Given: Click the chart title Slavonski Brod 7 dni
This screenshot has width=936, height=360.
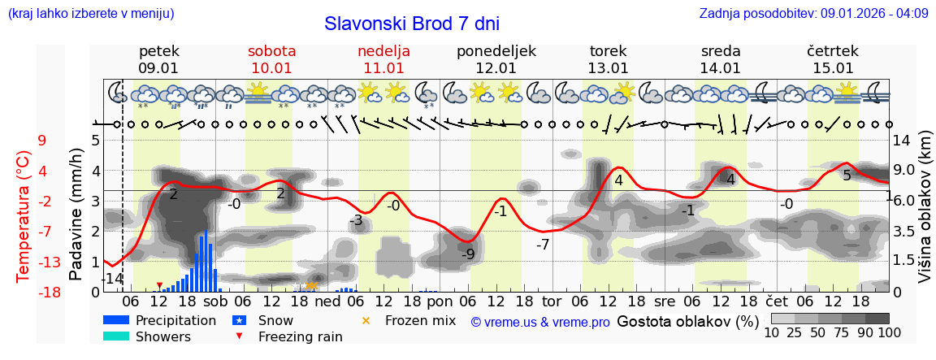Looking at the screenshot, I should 412,24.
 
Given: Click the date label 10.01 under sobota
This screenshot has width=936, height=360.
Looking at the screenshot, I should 272,68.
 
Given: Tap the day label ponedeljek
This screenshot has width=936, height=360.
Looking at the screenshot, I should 496,51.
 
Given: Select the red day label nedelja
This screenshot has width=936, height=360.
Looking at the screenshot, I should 383,51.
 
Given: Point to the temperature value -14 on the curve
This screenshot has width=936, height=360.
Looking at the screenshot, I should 112,279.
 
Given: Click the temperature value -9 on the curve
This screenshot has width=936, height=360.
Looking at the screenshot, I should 468,254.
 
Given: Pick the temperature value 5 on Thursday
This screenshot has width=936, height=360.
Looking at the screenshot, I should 847,176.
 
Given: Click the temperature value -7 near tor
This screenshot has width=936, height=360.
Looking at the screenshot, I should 543,244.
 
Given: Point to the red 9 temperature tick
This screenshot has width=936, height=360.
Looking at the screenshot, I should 42,141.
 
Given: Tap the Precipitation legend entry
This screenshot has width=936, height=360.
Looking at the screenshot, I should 175,320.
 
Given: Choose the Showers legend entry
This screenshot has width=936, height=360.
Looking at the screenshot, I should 163,336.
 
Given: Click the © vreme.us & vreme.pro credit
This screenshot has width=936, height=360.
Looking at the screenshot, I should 540,322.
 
